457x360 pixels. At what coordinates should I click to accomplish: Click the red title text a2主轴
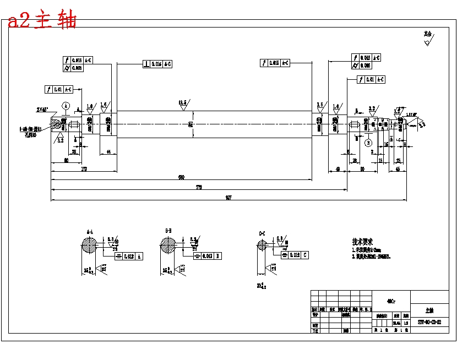coord(42,21)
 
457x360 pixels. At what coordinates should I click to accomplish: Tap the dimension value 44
coord(108,151)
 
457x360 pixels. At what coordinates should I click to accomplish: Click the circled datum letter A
coord(66,105)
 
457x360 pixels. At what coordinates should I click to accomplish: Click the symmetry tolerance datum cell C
coord(305,255)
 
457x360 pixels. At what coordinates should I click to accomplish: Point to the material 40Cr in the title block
coord(390,301)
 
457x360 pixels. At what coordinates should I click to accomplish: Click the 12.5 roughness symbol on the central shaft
coord(183,103)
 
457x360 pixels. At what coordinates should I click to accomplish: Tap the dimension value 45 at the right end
coord(398,169)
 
